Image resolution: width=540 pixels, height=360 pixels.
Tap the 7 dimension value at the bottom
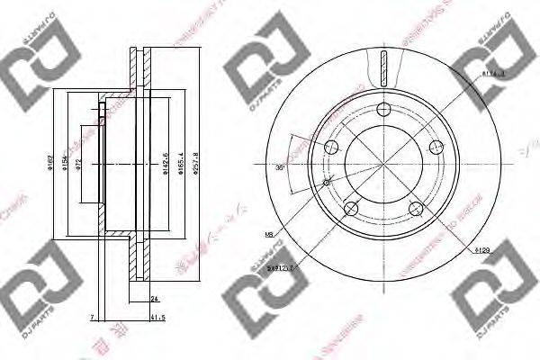93,317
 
